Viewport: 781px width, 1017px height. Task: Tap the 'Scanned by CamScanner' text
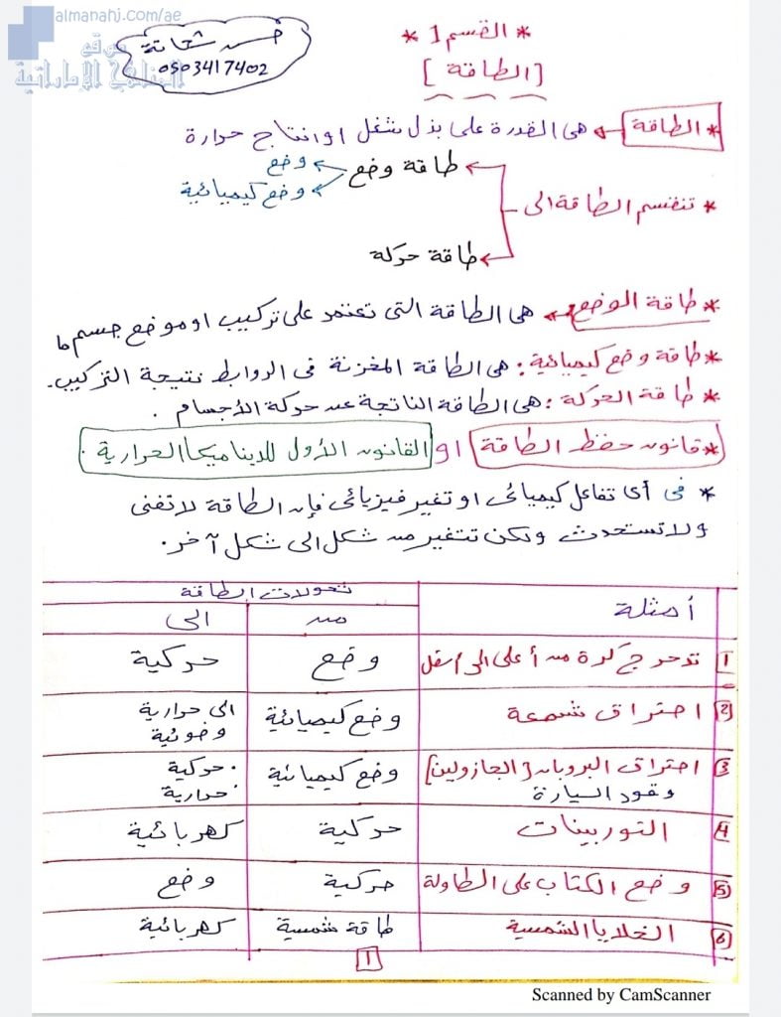pyautogui.click(x=620, y=994)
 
